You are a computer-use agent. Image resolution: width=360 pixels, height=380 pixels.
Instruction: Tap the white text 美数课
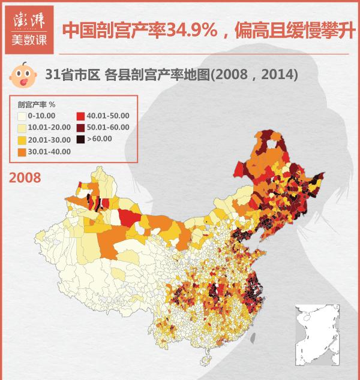28,42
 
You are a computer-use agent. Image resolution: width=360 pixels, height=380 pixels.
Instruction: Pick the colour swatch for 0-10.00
22,116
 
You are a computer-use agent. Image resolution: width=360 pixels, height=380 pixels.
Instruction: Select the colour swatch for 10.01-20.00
22,128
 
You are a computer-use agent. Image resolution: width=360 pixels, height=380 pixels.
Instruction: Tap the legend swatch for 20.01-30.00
22,140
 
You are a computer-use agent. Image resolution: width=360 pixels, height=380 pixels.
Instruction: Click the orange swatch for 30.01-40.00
22,152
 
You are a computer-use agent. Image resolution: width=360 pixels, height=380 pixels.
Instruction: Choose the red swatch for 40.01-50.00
81,116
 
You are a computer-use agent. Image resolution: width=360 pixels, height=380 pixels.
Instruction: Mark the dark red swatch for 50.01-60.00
81,128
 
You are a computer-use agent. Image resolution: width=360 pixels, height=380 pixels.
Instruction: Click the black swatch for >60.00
81,140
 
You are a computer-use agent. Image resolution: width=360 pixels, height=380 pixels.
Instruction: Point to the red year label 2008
25,177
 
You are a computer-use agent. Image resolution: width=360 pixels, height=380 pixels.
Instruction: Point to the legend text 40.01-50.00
108,116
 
